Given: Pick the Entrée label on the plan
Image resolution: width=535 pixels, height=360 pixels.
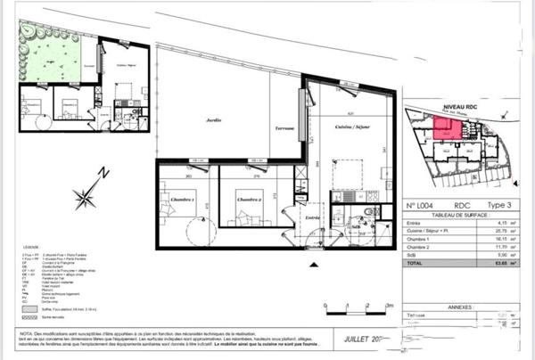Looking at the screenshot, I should (x=312, y=217).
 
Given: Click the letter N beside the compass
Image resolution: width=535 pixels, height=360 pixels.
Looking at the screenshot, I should (x=103, y=173).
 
